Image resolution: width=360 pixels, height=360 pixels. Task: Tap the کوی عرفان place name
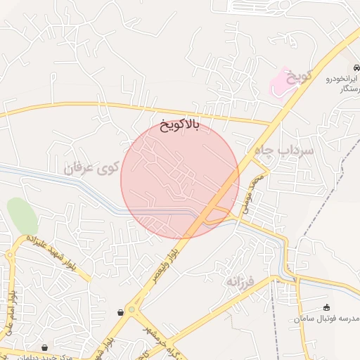click(x=92, y=169)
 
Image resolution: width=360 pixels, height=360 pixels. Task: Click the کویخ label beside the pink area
click(x=300, y=75)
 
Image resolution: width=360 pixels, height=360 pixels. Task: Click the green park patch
click(x=22, y=216)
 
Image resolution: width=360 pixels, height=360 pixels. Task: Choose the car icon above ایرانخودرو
click(x=356, y=67)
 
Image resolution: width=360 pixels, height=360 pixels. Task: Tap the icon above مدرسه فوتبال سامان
click(x=326, y=307)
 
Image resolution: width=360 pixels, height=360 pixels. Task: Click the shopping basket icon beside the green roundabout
click(x=121, y=311)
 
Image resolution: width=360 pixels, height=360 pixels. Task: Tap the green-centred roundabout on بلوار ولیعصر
click(x=133, y=310)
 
